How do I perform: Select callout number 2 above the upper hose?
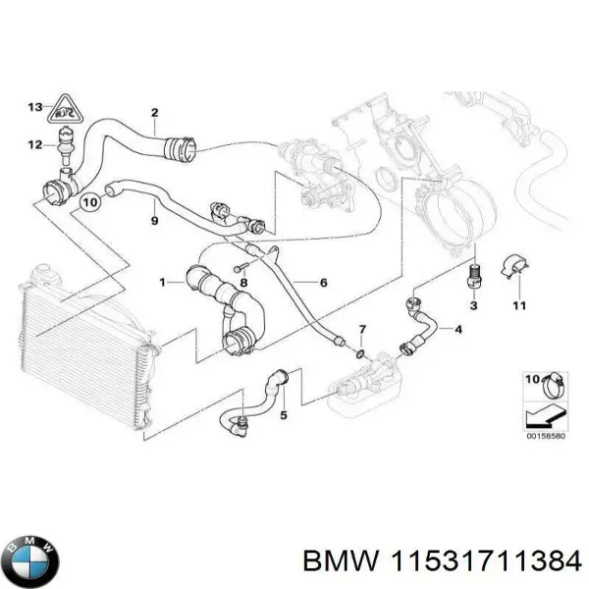(154, 114)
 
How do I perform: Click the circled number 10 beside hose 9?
(89, 204)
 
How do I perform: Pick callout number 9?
(153, 221)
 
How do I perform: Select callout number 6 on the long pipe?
(323, 282)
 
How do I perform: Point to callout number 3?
(474, 308)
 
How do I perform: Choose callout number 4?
(457, 329)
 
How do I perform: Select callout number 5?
(284, 415)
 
